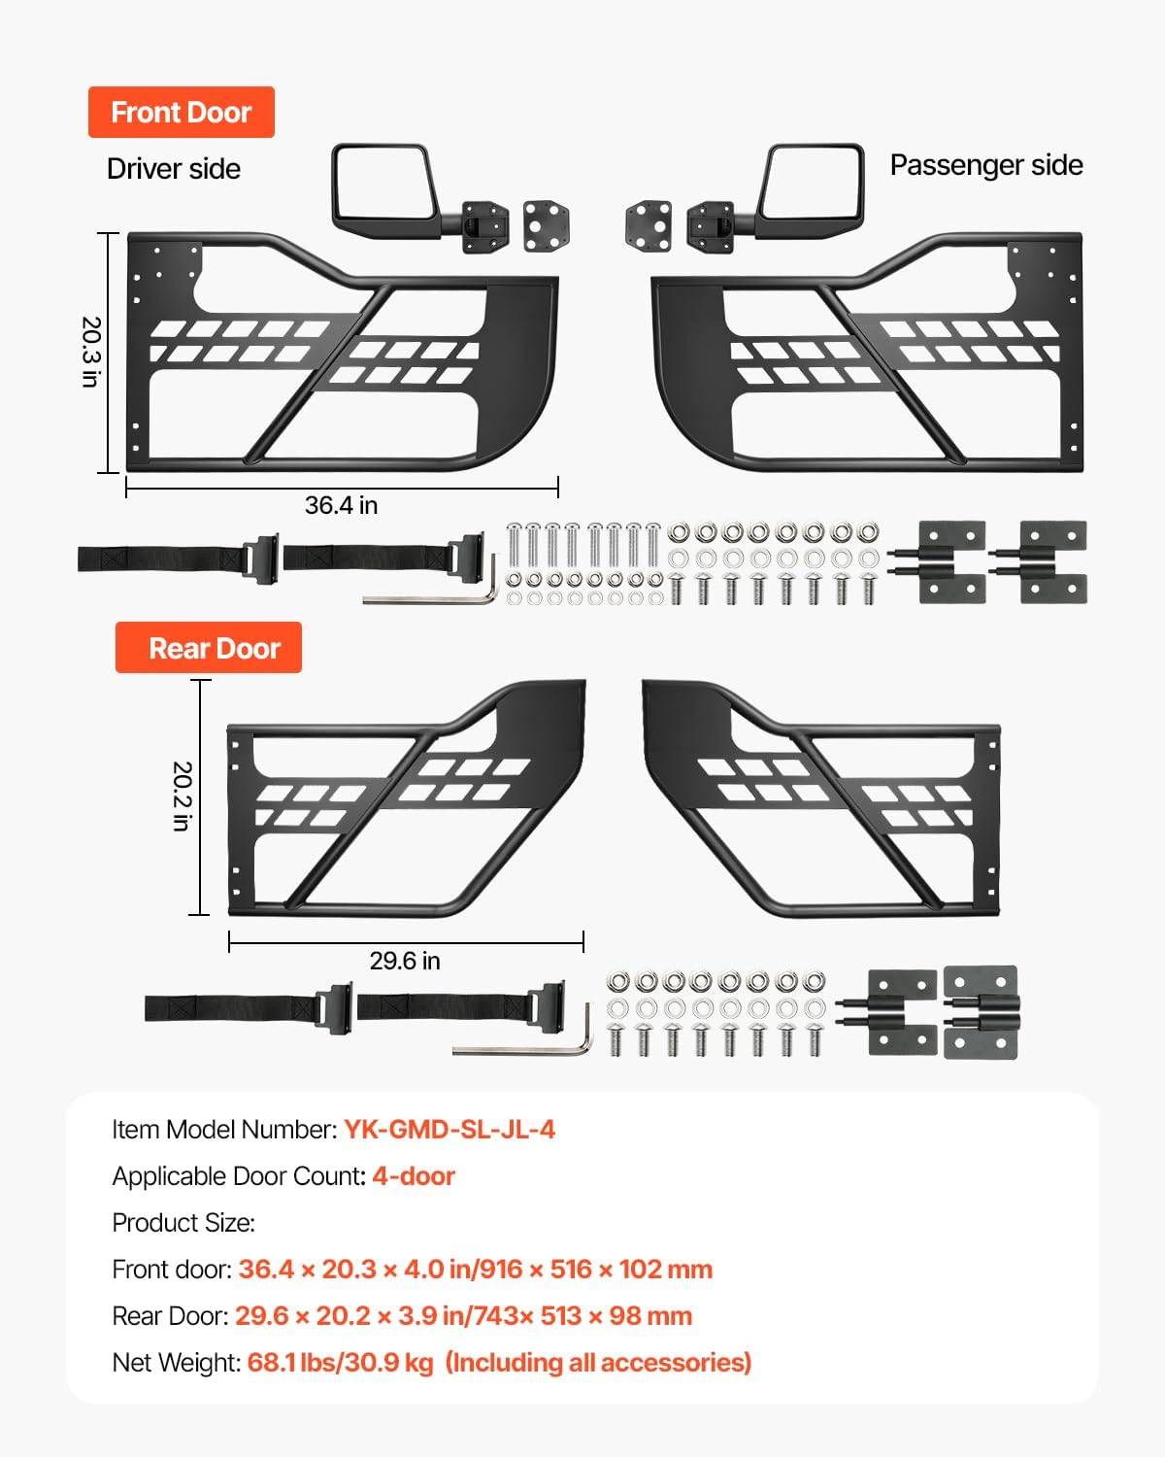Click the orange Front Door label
182,113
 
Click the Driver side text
174,169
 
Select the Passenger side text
986,165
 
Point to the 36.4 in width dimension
341,505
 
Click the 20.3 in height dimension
90,352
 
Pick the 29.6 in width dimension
405,961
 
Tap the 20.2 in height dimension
182,796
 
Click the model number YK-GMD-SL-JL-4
449,1130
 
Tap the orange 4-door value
414,1176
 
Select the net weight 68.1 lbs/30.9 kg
340,1363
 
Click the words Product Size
183,1223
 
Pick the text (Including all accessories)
598,1363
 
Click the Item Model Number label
224,1130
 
